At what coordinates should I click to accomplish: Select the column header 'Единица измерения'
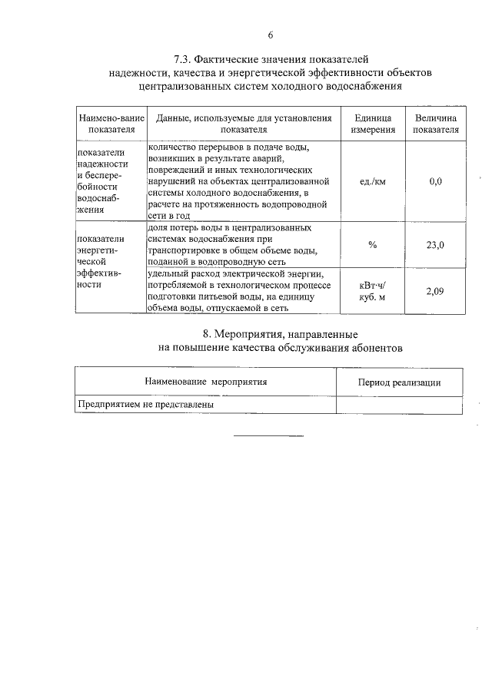(x=373, y=124)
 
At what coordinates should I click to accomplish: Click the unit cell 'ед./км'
(x=373, y=182)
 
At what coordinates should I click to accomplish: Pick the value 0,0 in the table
(x=435, y=182)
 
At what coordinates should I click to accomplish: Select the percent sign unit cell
(x=373, y=244)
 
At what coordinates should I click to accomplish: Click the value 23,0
(x=435, y=245)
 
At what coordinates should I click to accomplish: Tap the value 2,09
(x=435, y=291)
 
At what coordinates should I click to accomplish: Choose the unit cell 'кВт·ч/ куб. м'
(x=373, y=292)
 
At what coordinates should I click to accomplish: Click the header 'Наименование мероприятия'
(x=206, y=382)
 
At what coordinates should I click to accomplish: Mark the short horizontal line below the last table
(x=268, y=436)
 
